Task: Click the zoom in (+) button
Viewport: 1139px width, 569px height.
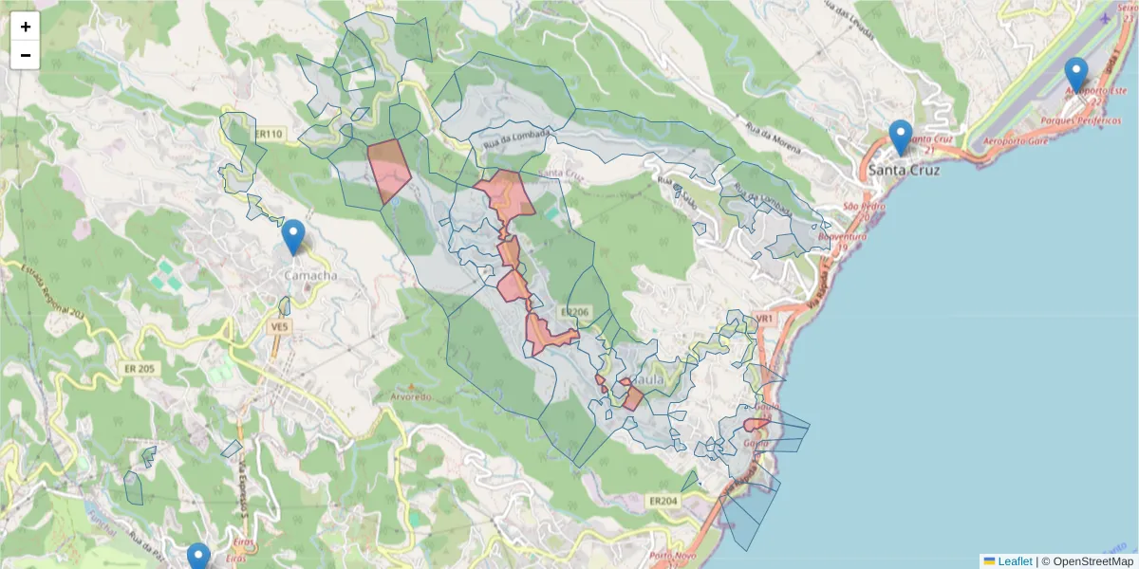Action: (26, 27)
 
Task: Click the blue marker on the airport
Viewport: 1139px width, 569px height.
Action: (1075, 75)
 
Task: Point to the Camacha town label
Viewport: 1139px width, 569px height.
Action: (310, 275)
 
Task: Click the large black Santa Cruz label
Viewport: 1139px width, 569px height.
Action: (905, 171)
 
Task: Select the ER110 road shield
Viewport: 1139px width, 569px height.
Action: (270, 135)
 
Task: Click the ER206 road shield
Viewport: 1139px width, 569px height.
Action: (575, 311)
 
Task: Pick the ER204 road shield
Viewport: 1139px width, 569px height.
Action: (663, 500)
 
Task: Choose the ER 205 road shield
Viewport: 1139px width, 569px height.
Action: (139, 368)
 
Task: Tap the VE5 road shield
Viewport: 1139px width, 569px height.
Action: (279, 326)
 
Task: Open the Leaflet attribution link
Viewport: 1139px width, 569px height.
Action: (1014, 561)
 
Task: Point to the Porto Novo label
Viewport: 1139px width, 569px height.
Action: (674, 556)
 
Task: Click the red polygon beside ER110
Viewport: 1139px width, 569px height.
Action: (388, 169)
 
